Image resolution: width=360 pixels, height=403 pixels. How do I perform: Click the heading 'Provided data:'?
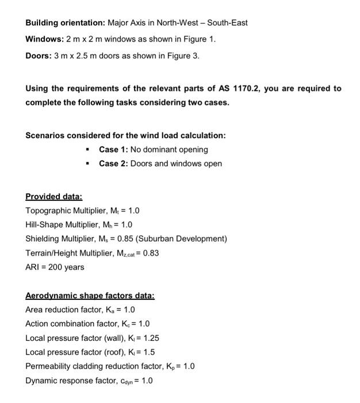[54, 196]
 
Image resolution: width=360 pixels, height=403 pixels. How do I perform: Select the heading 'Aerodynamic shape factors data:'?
[90, 295]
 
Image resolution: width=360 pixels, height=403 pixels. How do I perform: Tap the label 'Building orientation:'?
[63, 23]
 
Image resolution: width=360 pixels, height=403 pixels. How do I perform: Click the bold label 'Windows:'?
[44, 39]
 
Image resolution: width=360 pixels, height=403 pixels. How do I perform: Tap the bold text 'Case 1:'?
[113, 150]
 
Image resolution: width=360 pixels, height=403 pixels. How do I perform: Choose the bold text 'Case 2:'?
[113, 164]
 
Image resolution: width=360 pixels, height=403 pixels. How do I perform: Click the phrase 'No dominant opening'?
[169, 150]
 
